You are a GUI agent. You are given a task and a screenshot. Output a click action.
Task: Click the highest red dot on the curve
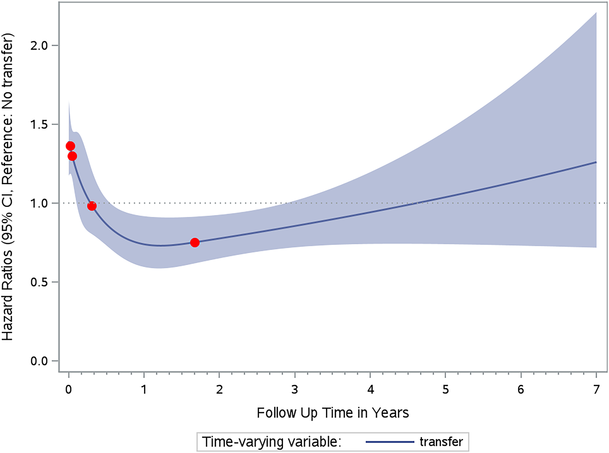(x=70, y=146)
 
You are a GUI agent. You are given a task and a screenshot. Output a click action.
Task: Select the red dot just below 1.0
(x=92, y=206)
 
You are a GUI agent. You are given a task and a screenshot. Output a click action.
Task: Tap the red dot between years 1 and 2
(x=195, y=242)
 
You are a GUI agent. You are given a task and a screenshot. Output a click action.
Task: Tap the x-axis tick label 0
(x=69, y=390)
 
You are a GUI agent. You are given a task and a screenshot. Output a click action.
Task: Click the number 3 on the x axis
(x=295, y=390)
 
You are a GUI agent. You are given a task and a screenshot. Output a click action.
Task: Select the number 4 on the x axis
(x=370, y=390)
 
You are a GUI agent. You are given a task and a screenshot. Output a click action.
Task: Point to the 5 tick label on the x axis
(x=445, y=390)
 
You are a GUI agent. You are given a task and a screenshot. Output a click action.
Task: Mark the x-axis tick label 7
(x=596, y=390)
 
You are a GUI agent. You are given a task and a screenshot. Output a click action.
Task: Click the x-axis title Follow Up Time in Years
(x=333, y=413)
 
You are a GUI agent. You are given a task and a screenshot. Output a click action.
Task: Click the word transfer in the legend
(x=441, y=442)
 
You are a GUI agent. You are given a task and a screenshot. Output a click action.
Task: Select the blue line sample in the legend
(x=390, y=442)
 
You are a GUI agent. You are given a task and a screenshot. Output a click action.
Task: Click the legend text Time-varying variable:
(x=272, y=442)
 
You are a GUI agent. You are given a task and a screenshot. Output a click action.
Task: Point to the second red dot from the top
(x=72, y=156)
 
